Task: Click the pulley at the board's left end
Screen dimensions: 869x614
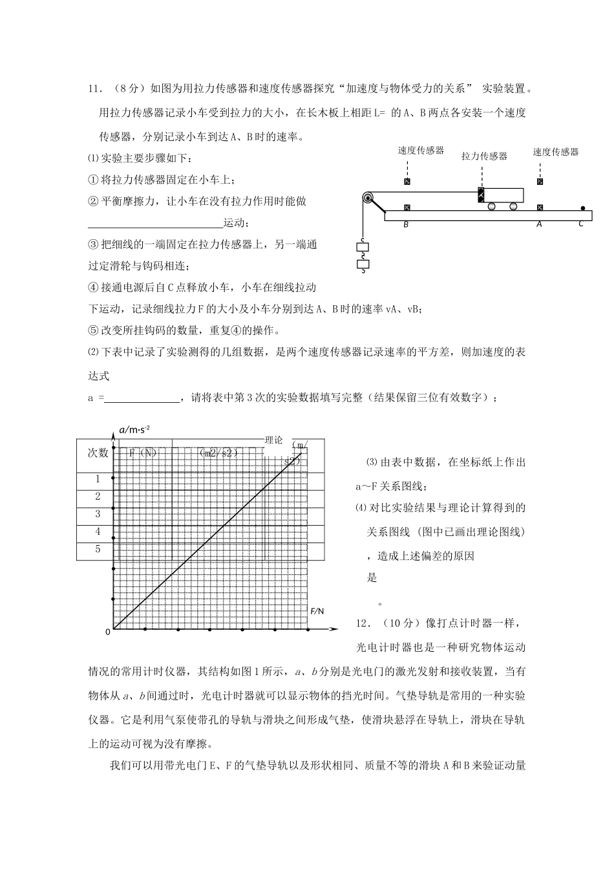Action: (x=368, y=198)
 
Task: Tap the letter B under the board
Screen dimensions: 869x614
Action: (x=406, y=224)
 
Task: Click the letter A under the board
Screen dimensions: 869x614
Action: (x=539, y=224)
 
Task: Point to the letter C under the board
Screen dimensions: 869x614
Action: (x=581, y=224)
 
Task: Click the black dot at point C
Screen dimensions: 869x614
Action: (x=582, y=208)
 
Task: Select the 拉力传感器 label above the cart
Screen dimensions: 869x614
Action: (x=484, y=156)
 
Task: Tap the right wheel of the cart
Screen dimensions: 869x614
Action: (x=513, y=207)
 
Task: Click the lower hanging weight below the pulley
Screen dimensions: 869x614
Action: (x=363, y=264)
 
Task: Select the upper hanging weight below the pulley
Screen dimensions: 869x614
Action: (x=363, y=246)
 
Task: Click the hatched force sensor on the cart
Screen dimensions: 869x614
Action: (x=480, y=195)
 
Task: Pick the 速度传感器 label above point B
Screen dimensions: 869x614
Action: (x=421, y=151)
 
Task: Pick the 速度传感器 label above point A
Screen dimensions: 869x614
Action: (x=556, y=152)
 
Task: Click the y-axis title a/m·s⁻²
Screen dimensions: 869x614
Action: (x=135, y=429)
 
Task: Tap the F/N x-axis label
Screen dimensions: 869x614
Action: (x=317, y=611)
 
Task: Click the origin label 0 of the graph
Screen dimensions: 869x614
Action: (x=108, y=632)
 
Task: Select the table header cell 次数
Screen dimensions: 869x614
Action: (x=98, y=453)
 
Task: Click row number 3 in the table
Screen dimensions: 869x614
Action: (x=98, y=515)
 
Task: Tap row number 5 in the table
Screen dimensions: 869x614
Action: (x=98, y=550)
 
